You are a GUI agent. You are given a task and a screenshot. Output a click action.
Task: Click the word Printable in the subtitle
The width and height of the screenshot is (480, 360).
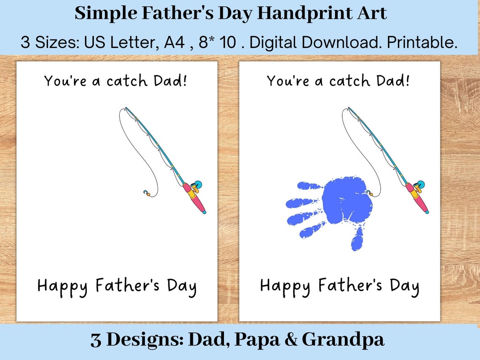click(422, 43)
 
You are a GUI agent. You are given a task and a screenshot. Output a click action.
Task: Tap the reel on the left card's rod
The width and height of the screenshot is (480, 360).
click(195, 186)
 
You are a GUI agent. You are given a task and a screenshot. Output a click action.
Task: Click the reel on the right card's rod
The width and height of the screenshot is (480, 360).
click(418, 186)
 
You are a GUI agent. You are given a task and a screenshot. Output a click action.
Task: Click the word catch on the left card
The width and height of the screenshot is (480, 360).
click(127, 81)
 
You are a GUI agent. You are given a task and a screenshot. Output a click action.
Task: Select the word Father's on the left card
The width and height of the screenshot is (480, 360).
click(128, 285)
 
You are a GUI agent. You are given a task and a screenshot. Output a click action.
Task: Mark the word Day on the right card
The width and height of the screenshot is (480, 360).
click(404, 286)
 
